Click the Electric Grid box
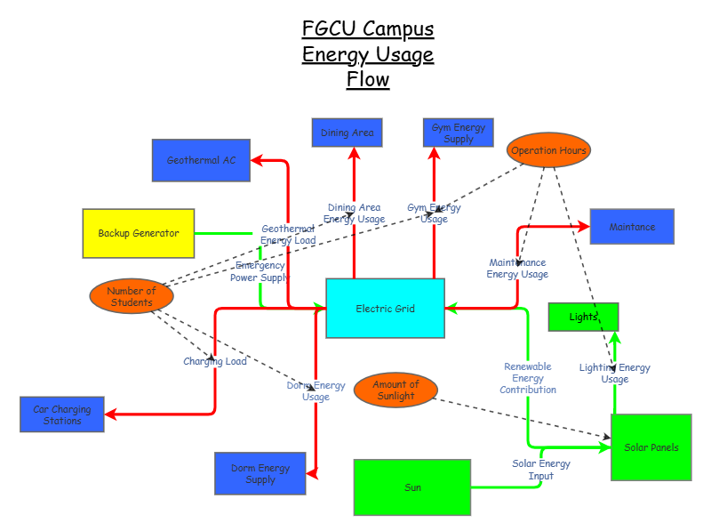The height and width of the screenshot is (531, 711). click(x=385, y=309)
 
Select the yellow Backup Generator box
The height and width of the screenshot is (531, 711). click(x=138, y=233)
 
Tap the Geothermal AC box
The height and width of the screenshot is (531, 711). click(x=201, y=160)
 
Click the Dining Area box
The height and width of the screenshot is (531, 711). click(x=348, y=133)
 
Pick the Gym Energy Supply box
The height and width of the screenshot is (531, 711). click(x=458, y=133)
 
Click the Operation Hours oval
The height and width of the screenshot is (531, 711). click(x=548, y=150)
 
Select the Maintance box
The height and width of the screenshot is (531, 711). click(x=632, y=227)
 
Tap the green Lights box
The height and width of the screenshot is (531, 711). click(x=583, y=317)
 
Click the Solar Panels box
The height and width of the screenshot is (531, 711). click(x=651, y=447)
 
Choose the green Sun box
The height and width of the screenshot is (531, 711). click(x=412, y=487)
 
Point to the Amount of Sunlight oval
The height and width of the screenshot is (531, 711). click(x=395, y=390)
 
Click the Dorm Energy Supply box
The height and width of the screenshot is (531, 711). click(x=260, y=474)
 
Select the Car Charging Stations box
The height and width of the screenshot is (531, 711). click(x=62, y=414)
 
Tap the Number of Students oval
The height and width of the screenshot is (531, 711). click(x=132, y=296)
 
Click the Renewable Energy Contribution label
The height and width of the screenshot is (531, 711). click(x=528, y=378)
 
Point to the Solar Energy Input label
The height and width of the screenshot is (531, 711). click(x=540, y=470)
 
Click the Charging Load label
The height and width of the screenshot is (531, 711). click(x=215, y=361)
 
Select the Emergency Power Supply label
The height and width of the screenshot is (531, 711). click(x=260, y=271)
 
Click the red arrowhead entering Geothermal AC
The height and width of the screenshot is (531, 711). click(x=255, y=161)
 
